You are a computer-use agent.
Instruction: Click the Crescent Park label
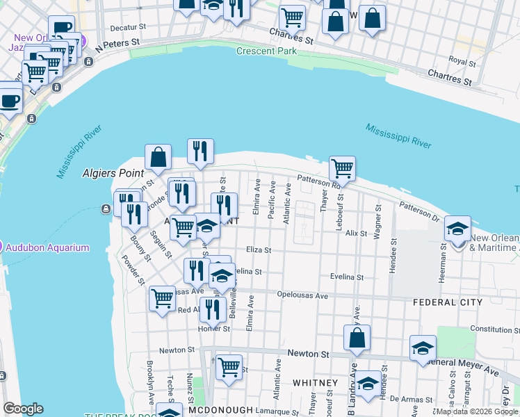[x=266, y=51]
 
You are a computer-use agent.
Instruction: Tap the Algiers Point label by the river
[x=113, y=172]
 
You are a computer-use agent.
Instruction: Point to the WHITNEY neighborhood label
[x=315, y=383]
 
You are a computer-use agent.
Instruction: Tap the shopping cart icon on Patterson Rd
[x=342, y=168]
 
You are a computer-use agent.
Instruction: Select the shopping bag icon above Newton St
[x=357, y=338]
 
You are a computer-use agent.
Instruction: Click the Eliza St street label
[x=258, y=250]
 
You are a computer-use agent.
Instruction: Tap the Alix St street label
[x=355, y=234]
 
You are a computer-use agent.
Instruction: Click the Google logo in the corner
[x=23, y=409]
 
